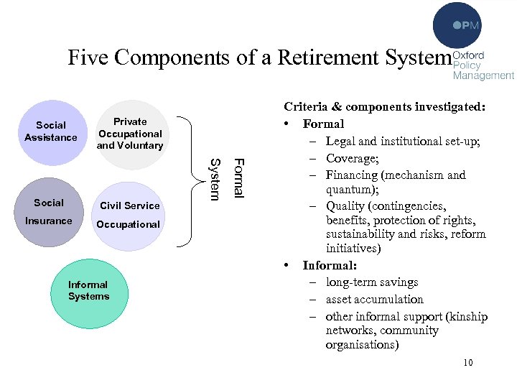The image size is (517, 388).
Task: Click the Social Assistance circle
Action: pyautogui.click(x=51, y=131)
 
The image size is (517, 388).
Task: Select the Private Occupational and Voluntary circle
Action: pyautogui.click(x=130, y=134)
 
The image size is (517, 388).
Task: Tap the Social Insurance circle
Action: pyautogui.click(x=49, y=212)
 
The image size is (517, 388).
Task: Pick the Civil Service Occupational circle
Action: pyautogui.click(x=130, y=215)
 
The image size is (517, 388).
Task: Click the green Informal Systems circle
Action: pyautogui.click(x=89, y=291)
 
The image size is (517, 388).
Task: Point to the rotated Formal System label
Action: pyautogui.click(x=228, y=177)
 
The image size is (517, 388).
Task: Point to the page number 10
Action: pyautogui.click(x=468, y=363)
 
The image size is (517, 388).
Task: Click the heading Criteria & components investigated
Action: pyautogui.click(x=385, y=107)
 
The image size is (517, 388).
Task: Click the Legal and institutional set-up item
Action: pyautogui.click(x=398, y=141)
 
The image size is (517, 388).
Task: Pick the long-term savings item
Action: pyautogui.click(x=372, y=282)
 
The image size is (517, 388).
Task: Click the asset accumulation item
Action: pyautogui.click(x=374, y=299)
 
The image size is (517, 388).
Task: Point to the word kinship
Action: pyautogui.click(x=468, y=316)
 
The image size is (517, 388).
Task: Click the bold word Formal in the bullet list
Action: pyautogui.click(x=323, y=124)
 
